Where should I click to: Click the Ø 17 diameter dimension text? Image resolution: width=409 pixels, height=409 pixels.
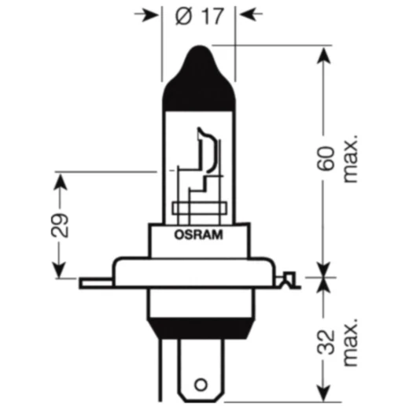coord(199,16)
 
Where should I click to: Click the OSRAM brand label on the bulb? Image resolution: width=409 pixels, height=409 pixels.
coord(198,234)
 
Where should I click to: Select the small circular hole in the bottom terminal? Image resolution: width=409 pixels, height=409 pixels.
coord(200,386)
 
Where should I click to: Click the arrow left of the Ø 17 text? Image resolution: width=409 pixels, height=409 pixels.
coord(148,16)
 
